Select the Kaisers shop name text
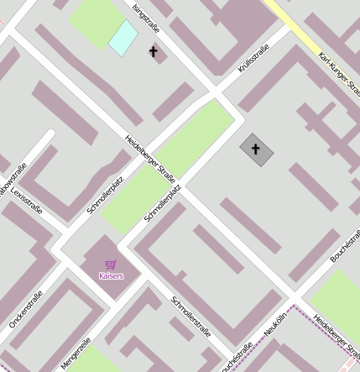click(111, 275)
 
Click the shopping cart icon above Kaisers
click(111, 265)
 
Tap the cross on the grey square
click(256, 149)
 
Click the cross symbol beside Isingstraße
click(153, 52)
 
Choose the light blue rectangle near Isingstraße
click(123, 37)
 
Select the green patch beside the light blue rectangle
click(93, 20)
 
